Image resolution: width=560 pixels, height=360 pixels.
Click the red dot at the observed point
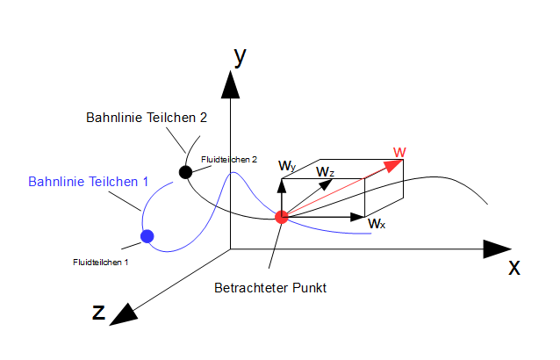coord(282,217)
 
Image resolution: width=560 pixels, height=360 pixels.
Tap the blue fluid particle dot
coord(147,235)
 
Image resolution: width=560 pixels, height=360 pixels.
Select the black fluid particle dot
coord(185,172)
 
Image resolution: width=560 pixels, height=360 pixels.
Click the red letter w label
coord(399,152)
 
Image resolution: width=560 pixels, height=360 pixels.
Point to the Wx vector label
coord(377,224)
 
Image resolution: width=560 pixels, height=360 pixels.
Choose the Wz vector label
coord(326,171)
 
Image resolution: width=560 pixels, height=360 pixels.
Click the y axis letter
coord(239,56)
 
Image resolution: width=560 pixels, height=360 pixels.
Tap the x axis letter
coord(514,267)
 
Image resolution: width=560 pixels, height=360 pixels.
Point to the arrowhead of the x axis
coord(499,248)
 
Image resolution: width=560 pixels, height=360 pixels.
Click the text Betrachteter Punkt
coord(270,288)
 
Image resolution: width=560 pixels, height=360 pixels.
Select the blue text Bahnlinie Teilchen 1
coord(88,182)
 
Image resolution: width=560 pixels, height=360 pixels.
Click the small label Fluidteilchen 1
coord(101,262)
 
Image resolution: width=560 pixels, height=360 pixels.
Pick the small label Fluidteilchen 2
coord(228,159)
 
